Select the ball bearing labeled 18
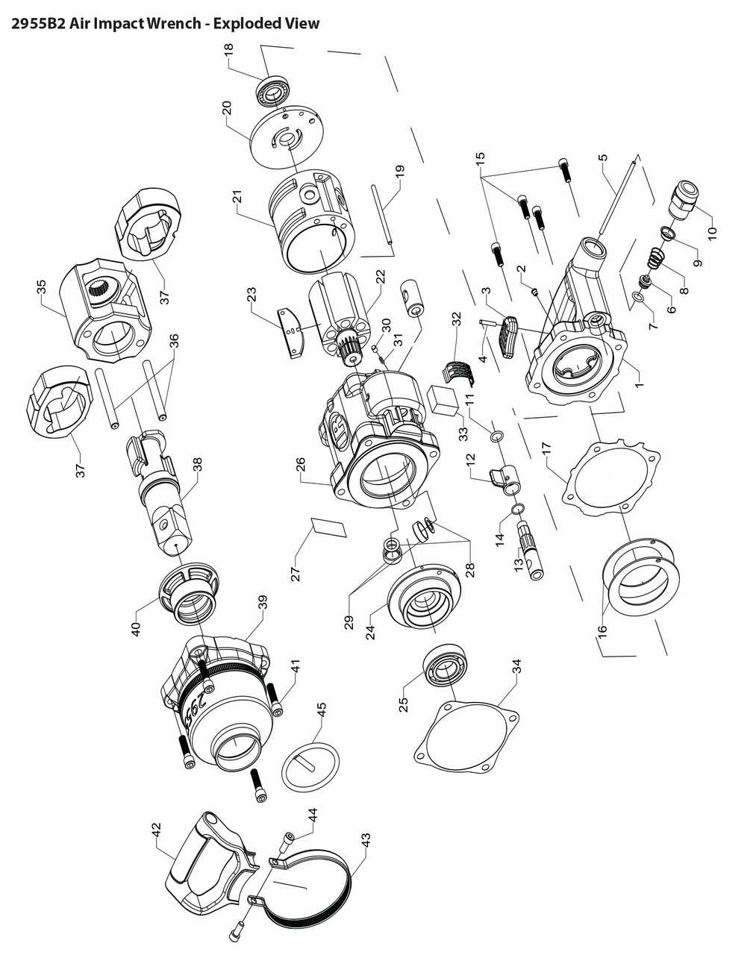coord(275,92)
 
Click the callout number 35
coord(41,286)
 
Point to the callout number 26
coord(301,465)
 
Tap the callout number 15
coord(480,158)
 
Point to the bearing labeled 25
coord(445,664)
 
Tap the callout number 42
coord(156,828)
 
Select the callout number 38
coord(196,466)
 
